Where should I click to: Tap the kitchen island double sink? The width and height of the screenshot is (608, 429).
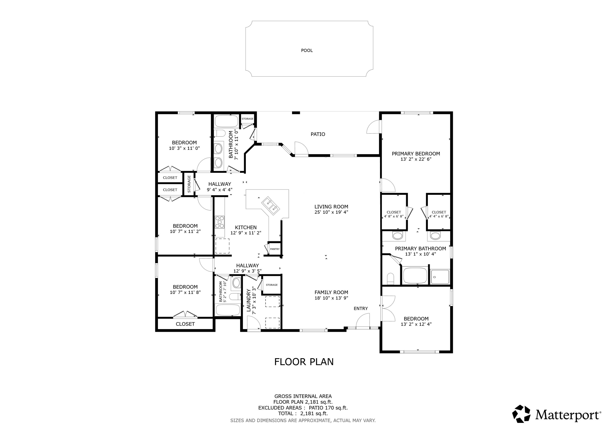click(270, 205)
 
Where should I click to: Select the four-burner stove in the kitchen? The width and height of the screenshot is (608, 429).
click(219, 222)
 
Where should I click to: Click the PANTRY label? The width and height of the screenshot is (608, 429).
click(275, 249)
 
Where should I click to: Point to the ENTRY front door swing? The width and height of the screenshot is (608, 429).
click(363, 321)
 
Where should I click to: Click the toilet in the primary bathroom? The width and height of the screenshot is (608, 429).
click(390, 279)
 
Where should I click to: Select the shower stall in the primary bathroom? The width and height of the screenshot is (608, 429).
click(440, 277)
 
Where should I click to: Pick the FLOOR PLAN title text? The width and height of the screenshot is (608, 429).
click(304, 362)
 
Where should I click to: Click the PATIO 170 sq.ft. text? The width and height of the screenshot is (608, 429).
click(328, 408)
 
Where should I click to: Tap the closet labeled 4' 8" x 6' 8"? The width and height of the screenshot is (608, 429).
click(394, 214)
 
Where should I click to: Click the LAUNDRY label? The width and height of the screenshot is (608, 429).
click(249, 300)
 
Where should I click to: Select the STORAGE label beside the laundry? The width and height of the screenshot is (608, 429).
click(272, 285)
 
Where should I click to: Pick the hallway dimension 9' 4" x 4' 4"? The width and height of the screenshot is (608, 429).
click(219, 190)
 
